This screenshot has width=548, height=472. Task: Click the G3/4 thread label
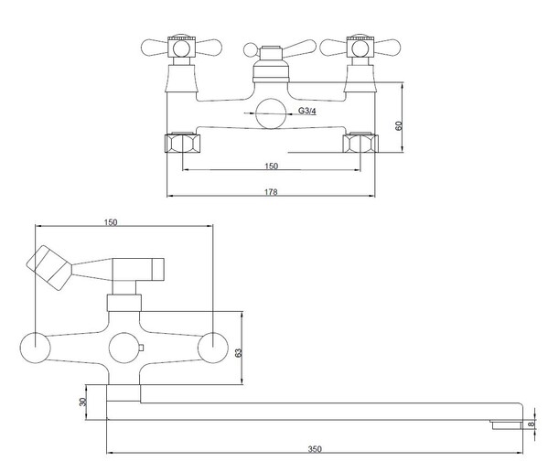point(307,111)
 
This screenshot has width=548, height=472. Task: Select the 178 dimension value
point(271,192)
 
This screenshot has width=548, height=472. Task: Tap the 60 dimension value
point(399,125)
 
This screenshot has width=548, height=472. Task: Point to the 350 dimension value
point(315,449)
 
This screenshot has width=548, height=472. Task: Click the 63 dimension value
point(239,353)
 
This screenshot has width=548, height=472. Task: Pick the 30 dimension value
point(83,402)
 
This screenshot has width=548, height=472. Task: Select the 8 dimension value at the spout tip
point(532,424)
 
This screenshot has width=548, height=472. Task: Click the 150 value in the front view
point(271,166)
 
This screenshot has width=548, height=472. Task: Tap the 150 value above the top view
point(111,222)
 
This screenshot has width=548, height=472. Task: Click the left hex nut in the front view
point(182,143)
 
